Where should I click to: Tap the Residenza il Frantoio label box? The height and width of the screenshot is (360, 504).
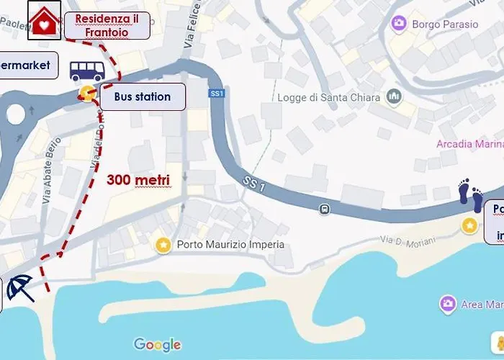coord(107,25)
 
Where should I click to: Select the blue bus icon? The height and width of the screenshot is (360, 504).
coord(87,70)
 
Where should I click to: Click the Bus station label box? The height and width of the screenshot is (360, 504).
coord(143,96)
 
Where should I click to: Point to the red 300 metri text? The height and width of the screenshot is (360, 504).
coord(138,180)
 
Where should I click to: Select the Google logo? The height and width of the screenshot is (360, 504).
coord(157,345)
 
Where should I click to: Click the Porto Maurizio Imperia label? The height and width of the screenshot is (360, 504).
coord(230,245)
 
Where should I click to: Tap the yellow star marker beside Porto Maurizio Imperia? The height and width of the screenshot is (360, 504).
coord(163,245)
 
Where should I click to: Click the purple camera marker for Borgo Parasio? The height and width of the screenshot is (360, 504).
coord(398,24)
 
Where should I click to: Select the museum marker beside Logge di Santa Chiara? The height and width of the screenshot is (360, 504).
coord(393,96)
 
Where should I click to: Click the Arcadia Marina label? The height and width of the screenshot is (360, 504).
coord(469,144)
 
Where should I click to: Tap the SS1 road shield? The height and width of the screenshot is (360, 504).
coord(217,94)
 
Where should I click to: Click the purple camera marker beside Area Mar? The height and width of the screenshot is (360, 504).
coord(448,304)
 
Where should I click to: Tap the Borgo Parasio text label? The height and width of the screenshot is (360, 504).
coord(445,24)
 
